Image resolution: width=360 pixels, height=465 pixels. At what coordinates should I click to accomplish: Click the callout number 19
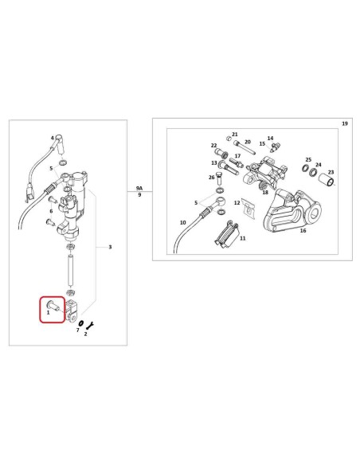point(345,123)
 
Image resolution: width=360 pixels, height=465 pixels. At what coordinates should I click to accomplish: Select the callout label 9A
point(139,188)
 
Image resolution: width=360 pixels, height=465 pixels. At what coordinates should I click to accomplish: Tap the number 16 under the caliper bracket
point(303,230)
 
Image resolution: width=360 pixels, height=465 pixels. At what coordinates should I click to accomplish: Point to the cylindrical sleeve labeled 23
point(327,182)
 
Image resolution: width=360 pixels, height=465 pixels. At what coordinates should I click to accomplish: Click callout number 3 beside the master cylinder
point(110,247)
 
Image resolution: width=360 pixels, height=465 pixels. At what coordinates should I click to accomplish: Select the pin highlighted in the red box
point(53,305)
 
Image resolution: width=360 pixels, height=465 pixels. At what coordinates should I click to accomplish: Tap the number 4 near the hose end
point(53,138)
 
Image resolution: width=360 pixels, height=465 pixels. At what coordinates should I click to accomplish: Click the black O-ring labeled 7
point(81,323)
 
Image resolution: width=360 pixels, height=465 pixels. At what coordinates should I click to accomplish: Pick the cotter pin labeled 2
point(90,325)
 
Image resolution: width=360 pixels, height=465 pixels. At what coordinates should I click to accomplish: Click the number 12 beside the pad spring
point(237,203)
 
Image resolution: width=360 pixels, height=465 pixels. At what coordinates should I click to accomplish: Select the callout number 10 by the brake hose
point(183,222)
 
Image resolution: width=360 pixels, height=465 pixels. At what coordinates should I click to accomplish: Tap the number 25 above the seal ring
point(308,159)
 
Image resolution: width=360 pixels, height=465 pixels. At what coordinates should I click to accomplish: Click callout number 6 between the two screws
point(51,211)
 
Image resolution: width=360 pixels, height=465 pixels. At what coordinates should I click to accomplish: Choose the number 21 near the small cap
point(235,135)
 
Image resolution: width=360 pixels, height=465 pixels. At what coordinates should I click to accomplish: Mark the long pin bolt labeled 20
point(244,147)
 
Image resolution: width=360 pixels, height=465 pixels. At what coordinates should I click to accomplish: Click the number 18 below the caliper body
point(265,192)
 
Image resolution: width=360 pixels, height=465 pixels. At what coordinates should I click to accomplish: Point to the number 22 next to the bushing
point(213,146)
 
